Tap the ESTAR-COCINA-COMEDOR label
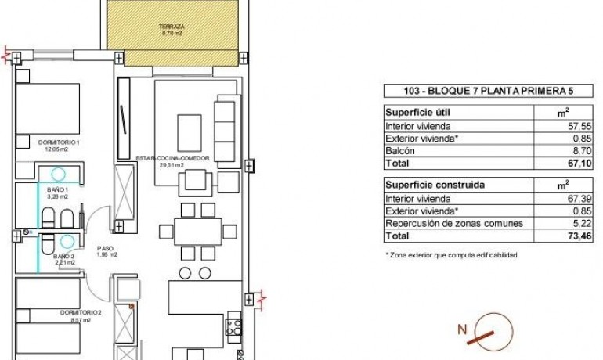click(160, 161)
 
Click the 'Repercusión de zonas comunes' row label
click(454, 223)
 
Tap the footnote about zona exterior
click(450, 255)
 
